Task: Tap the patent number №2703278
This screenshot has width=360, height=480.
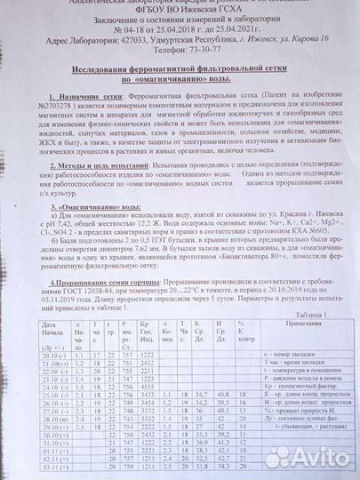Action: coord(48,113)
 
